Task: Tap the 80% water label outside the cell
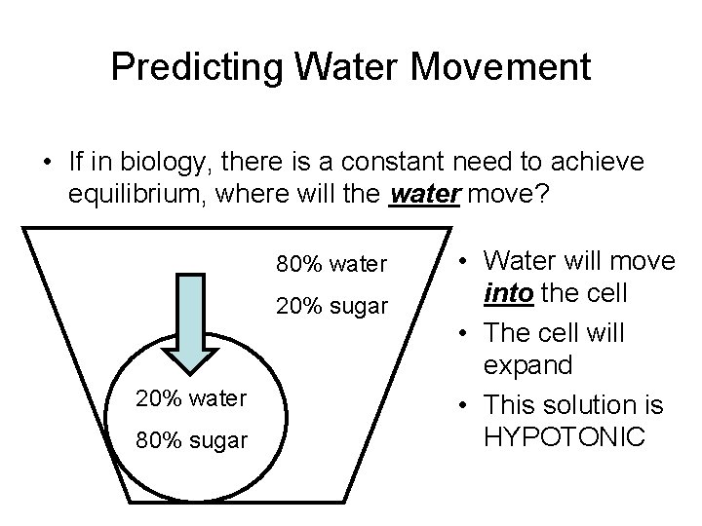tap(332, 264)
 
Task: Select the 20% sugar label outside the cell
tap(332, 308)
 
